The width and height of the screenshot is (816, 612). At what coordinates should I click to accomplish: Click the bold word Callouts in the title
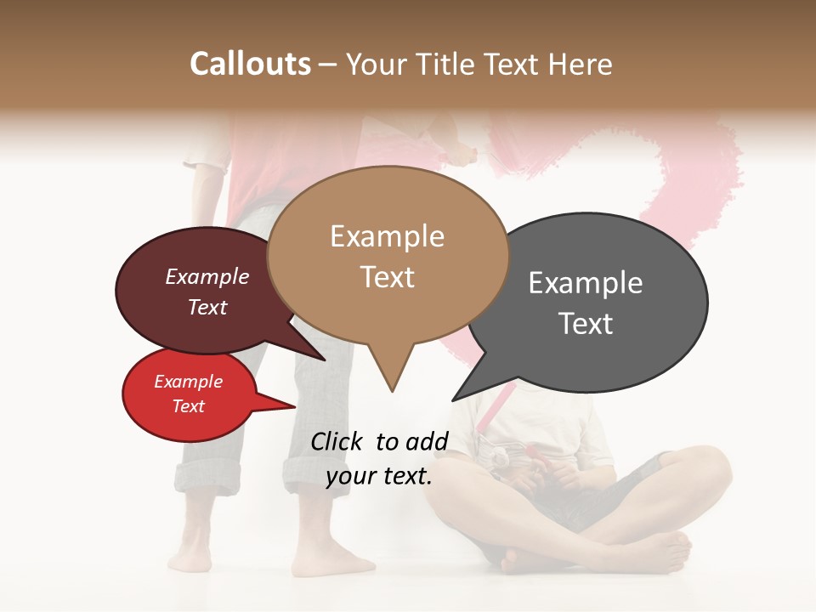(250, 64)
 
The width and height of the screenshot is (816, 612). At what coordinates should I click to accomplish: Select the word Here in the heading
(581, 64)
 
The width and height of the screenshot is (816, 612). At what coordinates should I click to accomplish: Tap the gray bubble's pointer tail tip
(454, 399)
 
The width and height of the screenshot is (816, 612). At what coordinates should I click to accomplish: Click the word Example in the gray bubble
(586, 283)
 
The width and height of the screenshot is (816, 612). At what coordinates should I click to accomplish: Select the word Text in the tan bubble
(388, 277)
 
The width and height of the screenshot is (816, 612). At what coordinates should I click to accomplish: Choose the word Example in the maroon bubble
(207, 277)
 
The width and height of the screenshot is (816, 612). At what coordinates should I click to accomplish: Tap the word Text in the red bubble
(189, 406)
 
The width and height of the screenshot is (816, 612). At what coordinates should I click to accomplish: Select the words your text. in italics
(379, 476)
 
